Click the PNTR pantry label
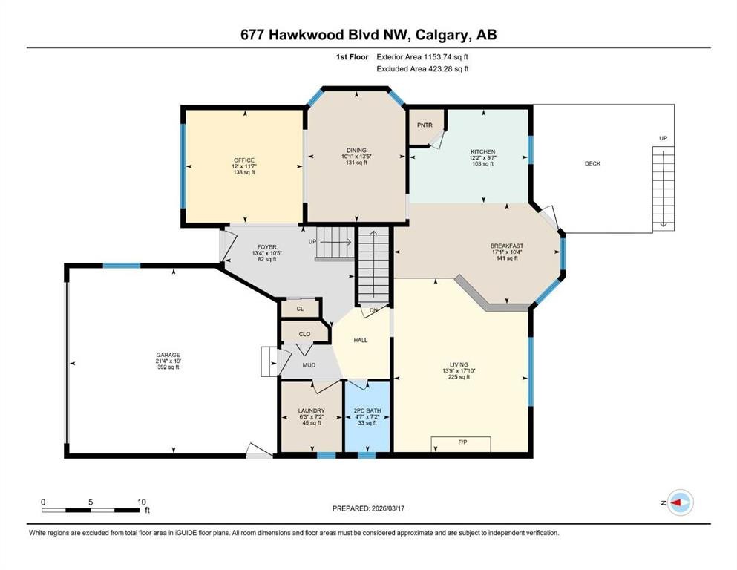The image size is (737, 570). click(425, 125)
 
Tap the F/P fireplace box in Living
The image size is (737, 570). click(462, 443)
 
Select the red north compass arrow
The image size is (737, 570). click(677, 502)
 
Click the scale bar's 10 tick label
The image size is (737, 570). click(142, 502)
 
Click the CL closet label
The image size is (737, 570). click(300, 308)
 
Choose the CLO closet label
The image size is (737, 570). click(304, 334)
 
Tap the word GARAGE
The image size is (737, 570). click(168, 355)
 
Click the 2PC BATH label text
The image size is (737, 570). click(367, 410)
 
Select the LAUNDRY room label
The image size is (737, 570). click(311, 410)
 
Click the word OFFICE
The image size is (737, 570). click(243, 160)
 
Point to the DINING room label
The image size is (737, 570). click(356, 151)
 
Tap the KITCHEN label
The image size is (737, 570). click(482, 151)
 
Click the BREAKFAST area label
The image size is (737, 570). click(507, 246)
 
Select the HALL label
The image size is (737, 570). click(360, 340)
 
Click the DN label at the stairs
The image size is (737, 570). click(373, 310)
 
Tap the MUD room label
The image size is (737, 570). click(310, 365)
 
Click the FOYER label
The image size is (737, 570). click(266, 246)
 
